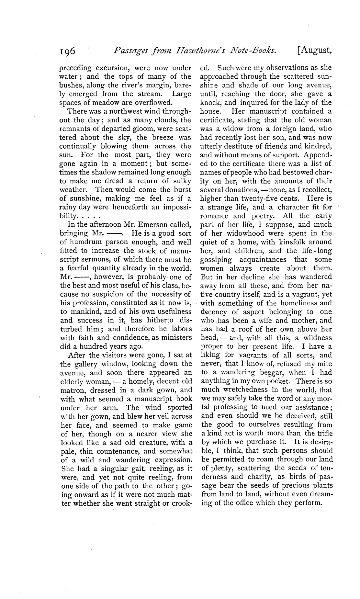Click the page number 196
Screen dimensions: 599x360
(x=67, y=51)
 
